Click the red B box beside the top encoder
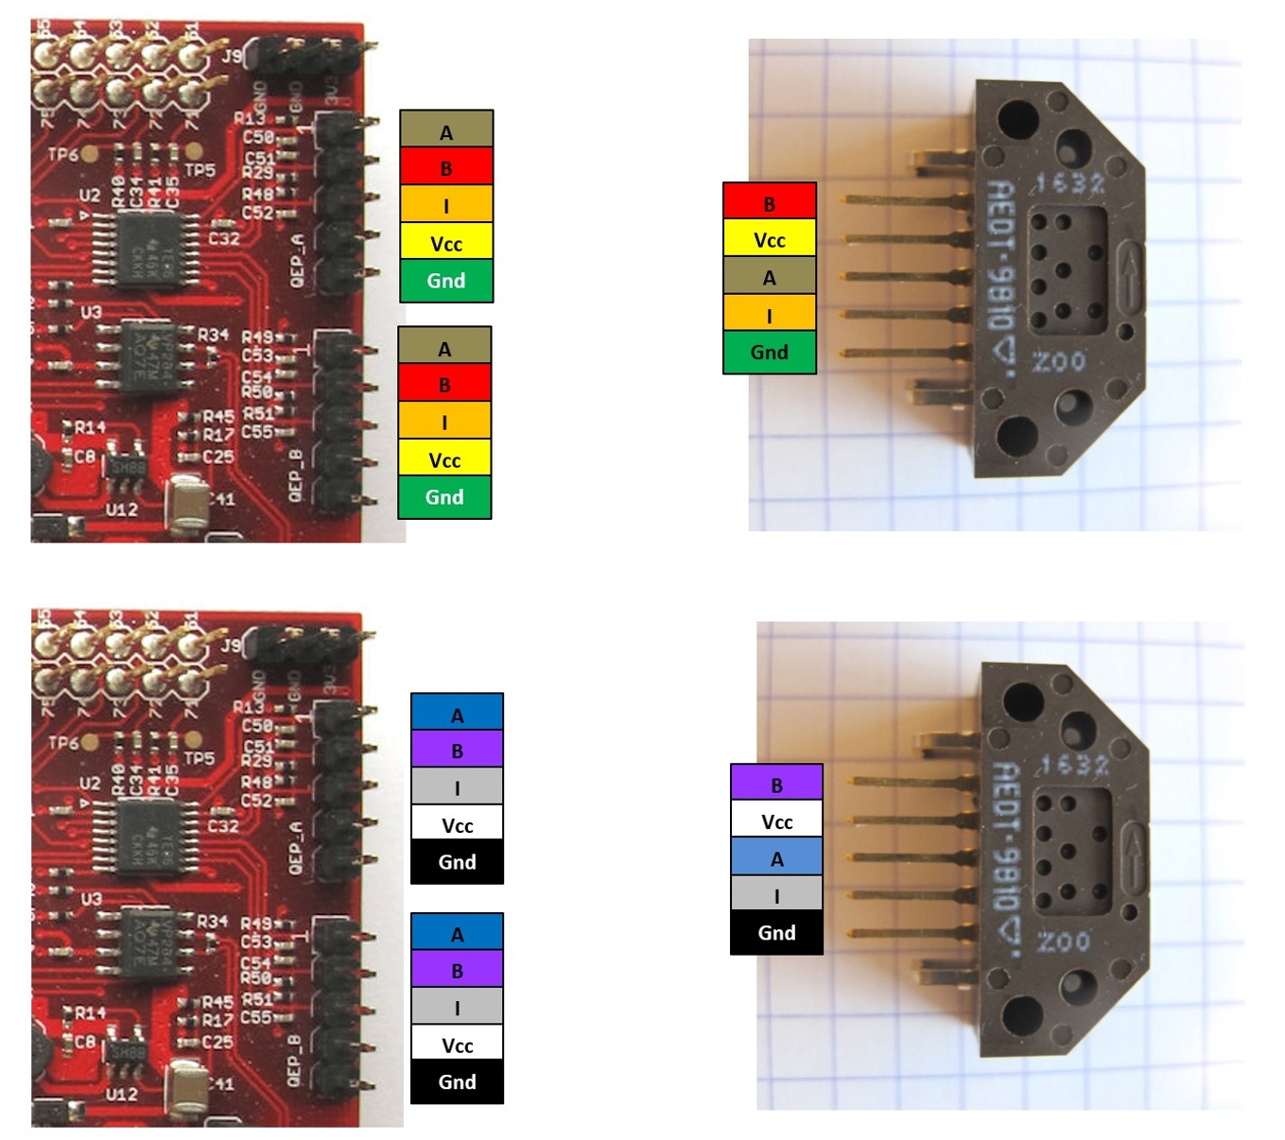point(769,202)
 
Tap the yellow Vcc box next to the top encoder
point(769,239)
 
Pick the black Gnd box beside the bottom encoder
point(776,933)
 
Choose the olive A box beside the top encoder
point(769,276)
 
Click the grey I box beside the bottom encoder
point(776,894)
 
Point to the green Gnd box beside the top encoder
point(769,353)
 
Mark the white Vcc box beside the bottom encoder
point(776,820)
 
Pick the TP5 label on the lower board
point(200,758)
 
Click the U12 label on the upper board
point(121,510)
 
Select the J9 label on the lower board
point(230,646)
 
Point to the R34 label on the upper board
point(213,335)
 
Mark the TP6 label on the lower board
point(62,743)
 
